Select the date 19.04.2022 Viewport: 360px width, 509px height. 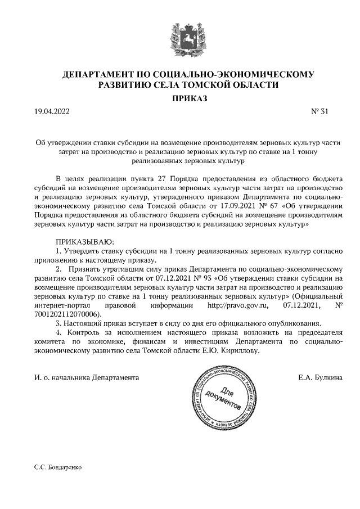pos(51,111)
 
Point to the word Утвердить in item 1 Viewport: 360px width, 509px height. pos(82,250)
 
